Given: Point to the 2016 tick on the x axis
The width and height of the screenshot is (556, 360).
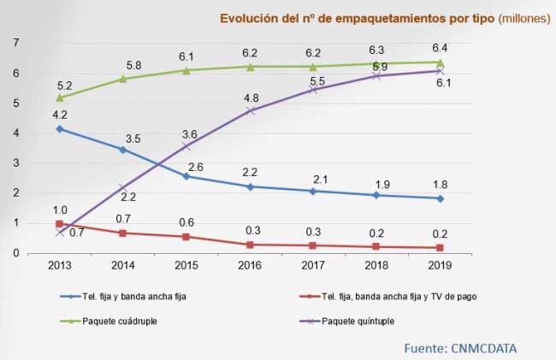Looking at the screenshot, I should pos(250,265).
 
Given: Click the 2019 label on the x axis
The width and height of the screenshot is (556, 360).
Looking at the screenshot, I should pos(440,265).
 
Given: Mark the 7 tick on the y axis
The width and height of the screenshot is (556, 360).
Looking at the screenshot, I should pos(15,43).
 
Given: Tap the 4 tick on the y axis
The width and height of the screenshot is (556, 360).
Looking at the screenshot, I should pos(15,133).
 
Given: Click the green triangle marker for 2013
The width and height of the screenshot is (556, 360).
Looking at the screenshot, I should pos(59,97).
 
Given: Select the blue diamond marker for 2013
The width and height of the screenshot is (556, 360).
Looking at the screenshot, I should pos(59,128).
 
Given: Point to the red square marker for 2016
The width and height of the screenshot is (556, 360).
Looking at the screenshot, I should pos(250,245).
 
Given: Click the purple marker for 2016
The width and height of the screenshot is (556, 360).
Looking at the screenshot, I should pos(250,110).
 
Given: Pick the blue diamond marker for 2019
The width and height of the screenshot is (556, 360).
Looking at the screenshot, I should pos(440,198).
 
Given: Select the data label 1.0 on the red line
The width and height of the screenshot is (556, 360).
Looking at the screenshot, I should pos(59,210).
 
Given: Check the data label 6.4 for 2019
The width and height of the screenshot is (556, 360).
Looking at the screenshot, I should pos(440,48).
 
